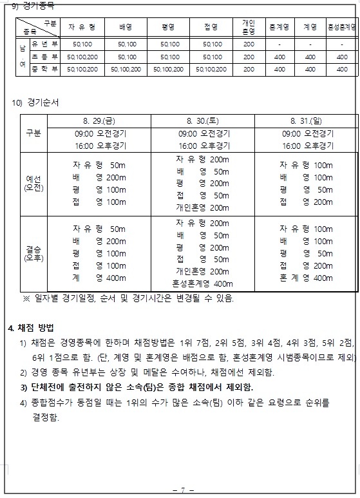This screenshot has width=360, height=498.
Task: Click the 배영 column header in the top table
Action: pos(126,28)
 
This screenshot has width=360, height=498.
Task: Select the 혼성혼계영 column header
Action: pos(342,28)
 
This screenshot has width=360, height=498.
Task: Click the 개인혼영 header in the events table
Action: pos(249,27)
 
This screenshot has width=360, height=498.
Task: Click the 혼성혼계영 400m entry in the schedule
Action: pos(202,283)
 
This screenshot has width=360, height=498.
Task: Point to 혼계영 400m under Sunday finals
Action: pos(306,278)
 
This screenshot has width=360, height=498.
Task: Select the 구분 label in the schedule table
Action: pos(32,133)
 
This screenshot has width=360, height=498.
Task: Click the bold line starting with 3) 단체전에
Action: pos(136,387)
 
